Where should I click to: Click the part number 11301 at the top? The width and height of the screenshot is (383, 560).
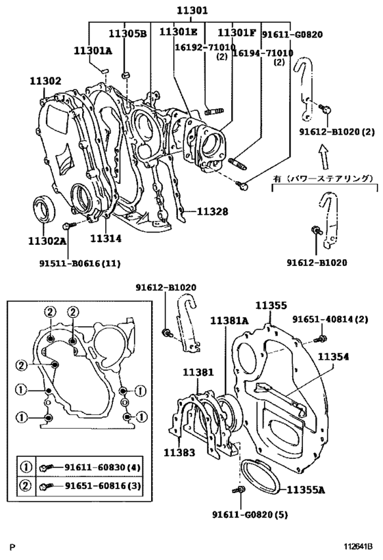point(192,10)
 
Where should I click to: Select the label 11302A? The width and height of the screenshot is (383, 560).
point(47,241)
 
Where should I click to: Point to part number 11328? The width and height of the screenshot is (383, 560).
point(212,212)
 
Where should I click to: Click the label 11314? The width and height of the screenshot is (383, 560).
point(105,238)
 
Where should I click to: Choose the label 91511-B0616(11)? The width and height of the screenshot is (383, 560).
point(79,263)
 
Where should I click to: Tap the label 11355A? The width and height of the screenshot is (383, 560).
point(306,490)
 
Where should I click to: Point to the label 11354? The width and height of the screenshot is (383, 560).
point(333,356)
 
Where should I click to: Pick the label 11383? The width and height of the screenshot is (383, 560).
point(179,453)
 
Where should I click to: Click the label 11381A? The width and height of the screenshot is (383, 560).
point(229,321)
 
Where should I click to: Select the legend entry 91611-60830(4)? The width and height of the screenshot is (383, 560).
point(103,467)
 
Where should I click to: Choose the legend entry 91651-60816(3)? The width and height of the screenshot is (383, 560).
point(103,485)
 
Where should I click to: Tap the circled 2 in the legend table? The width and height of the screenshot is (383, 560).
point(26,485)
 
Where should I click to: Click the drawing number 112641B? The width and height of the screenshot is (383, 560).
point(358,546)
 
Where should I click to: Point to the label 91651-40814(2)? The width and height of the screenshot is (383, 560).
point(330,319)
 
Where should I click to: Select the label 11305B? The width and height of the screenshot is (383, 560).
point(128,34)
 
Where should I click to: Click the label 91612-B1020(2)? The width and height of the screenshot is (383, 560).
point(337,132)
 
